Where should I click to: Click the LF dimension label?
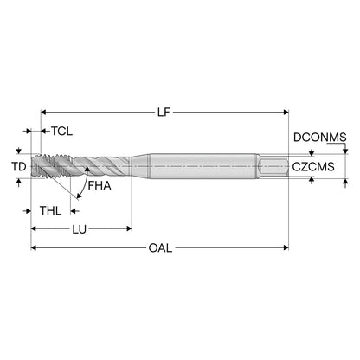coord(164,112)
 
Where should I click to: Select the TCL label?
coord(62,132)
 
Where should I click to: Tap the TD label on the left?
coord(19,166)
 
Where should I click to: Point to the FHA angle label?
coord(100,186)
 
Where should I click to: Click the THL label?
coord(51,211)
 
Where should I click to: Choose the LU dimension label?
coord(80,229)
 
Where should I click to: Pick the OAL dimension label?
coord(160,248)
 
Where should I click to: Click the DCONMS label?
coord(319,138)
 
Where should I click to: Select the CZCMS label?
coord(313,167)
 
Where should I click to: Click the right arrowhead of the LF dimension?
coord(286,112)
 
